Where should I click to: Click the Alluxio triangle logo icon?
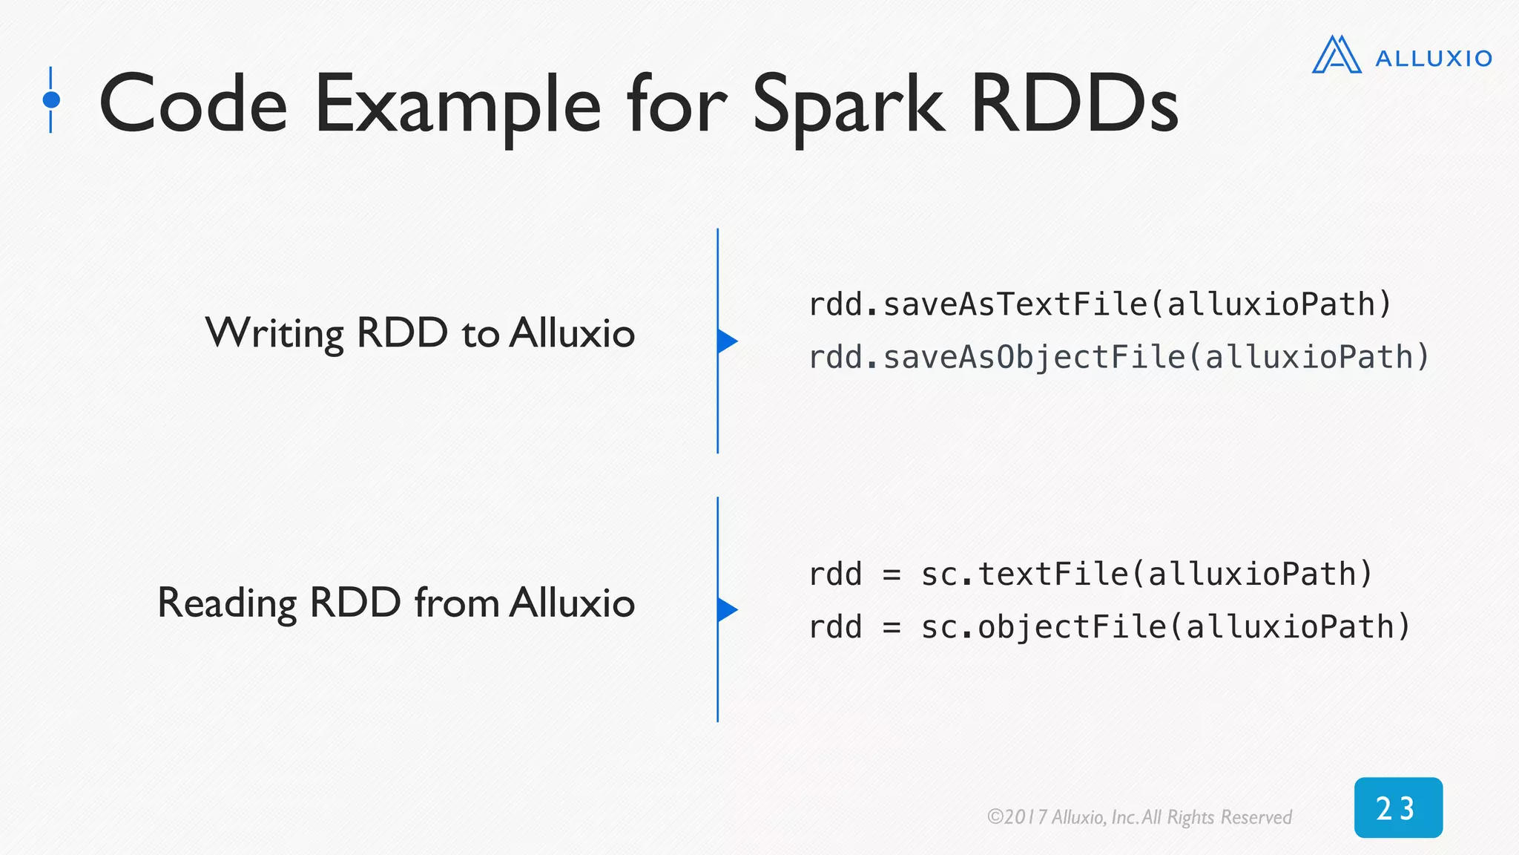[1337, 56]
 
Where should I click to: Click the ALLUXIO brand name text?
[1433, 59]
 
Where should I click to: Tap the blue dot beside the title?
[51, 99]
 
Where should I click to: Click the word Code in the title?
[193, 105]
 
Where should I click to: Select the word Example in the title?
[457, 105]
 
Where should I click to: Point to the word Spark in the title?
[849, 105]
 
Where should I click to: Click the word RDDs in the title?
[1074, 105]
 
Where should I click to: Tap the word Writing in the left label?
[274, 333]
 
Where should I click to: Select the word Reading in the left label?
[227, 603]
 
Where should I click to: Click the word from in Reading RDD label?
[455, 603]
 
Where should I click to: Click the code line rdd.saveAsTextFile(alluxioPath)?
[1100, 304]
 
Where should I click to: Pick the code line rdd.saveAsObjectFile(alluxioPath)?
[1118, 358]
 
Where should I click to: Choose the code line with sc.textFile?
[1090, 574]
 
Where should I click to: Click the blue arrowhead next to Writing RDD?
[727, 341]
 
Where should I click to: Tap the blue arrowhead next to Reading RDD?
[727, 609]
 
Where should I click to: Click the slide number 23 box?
[1397, 807]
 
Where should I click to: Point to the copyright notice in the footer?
[1139, 817]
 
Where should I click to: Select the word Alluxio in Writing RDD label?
[572, 333]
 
